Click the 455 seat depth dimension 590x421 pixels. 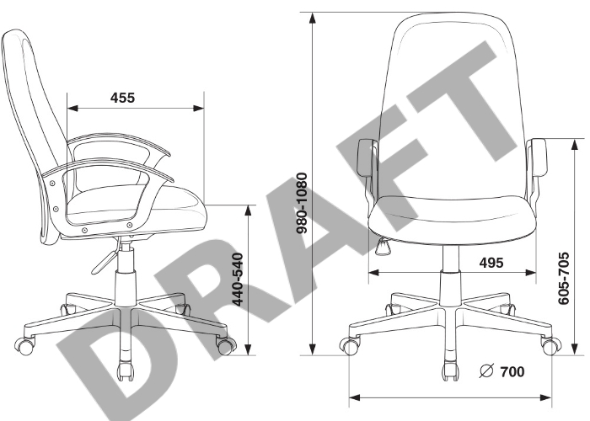pyautogui.click(x=122, y=98)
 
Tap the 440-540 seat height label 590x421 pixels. pyautogui.click(x=238, y=280)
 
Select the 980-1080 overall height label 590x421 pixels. pyautogui.click(x=302, y=203)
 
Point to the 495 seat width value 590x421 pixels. pyautogui.click(x=491, y=263)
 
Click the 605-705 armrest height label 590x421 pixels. pyautogui.click(x=563, y=279)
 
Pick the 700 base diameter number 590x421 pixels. pyautogui.click(x=512, y=372)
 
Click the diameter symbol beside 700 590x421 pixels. pyautogui.click(x=486, y=371)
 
